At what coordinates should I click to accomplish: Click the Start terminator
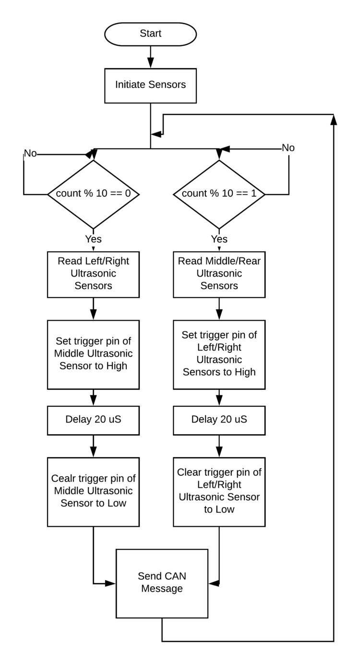[150, 34]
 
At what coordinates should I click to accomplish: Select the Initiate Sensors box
[150, 86]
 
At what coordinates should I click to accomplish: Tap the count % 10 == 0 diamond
[94, 194]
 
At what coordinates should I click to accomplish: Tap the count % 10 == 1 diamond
[219, 194]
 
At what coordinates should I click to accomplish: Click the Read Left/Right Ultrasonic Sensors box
[94, 275]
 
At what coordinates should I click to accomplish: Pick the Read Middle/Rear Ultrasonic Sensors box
[219, 275]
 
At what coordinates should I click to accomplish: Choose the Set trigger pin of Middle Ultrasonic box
[94, 355]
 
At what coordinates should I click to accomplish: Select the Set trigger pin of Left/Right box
[219, 355]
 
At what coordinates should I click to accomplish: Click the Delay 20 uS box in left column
[94, 421]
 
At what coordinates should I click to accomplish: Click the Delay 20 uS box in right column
[219, 421]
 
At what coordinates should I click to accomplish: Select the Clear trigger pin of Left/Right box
[219, 492]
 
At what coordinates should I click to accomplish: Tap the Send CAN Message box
[162, 583]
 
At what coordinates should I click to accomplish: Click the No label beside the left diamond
[30, 153]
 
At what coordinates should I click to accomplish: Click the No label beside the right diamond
[288, 147]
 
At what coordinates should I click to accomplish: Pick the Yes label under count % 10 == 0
[94, 239]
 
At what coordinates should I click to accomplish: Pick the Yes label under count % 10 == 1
[219, 239]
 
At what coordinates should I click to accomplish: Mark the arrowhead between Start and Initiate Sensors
[150, 62]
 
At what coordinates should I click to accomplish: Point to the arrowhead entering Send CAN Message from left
[110, 583]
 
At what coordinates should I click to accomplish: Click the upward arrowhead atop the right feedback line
[334, 120]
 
